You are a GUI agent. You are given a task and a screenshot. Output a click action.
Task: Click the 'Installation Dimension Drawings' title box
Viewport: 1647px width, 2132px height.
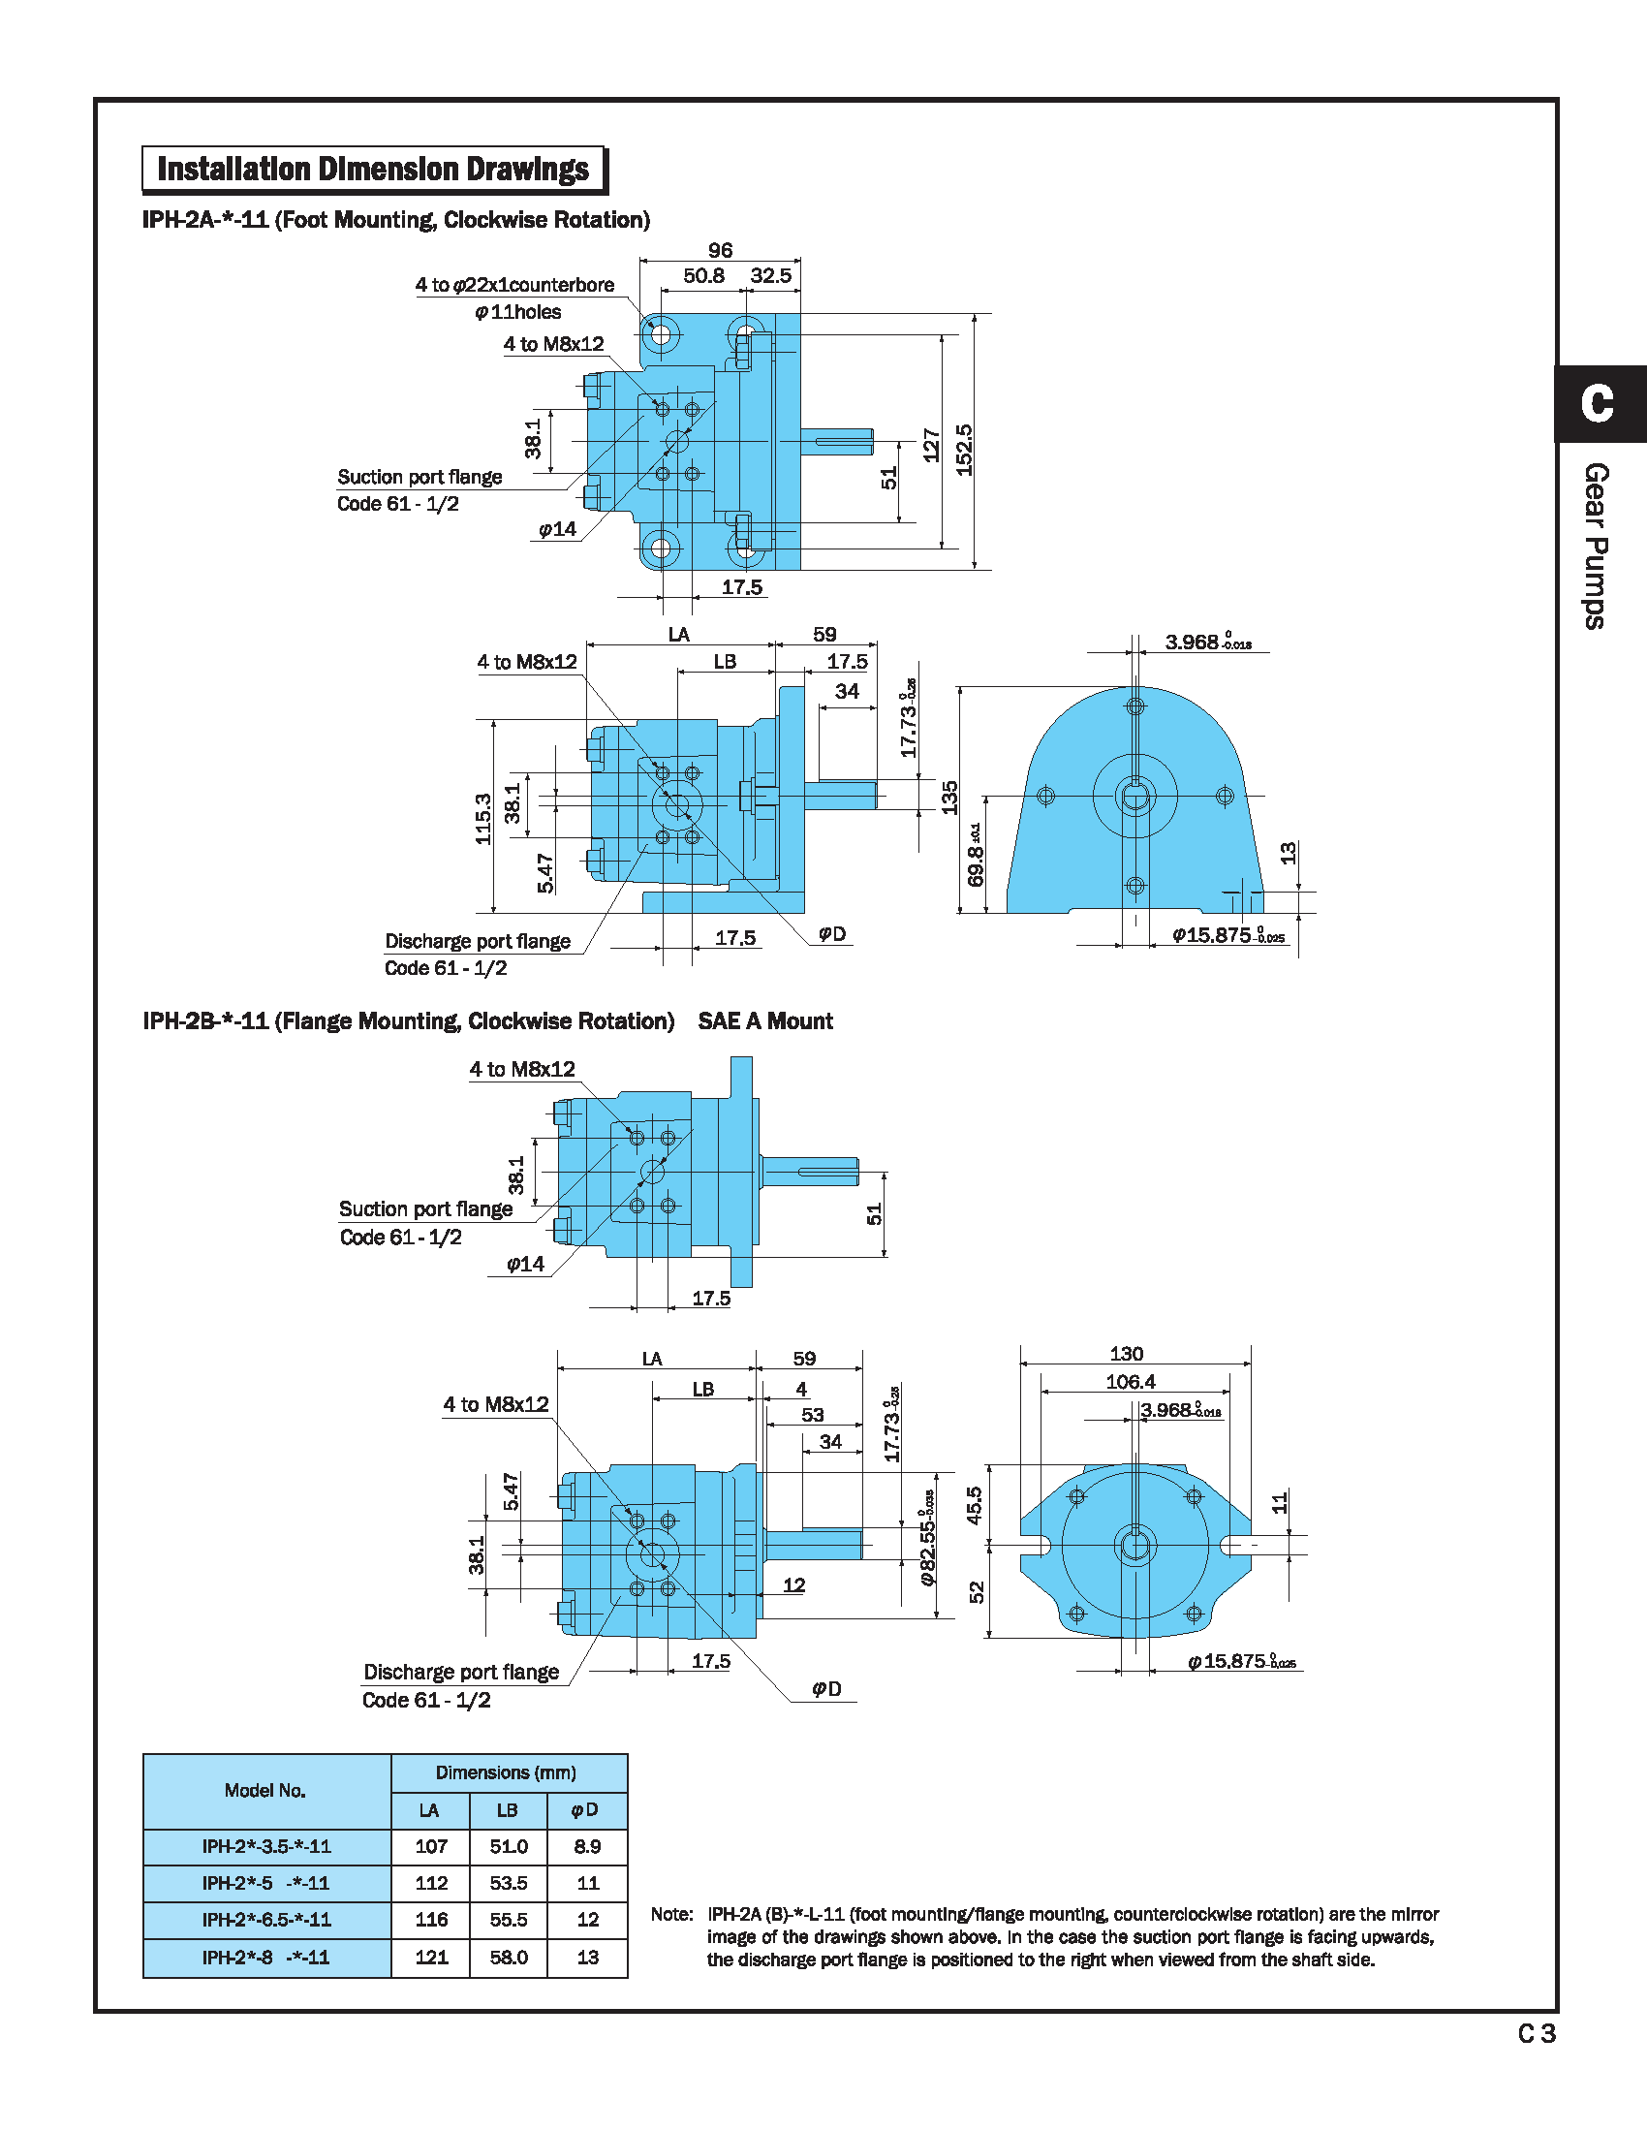tap(374, 169)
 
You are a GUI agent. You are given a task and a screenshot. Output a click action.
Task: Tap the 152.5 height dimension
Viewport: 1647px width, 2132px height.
tap(964, 450)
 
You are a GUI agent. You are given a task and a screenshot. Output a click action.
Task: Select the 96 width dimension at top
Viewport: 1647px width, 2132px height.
tap(720, 250)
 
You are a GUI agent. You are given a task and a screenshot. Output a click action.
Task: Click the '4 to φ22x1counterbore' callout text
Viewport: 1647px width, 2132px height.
tap(514, 285)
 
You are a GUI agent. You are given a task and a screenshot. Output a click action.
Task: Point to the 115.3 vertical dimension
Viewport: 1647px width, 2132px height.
tap(483, 818)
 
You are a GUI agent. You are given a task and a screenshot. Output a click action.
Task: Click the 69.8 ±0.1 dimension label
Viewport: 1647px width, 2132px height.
tap(976, 854)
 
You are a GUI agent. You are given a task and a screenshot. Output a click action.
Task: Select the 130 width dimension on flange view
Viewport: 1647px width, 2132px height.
tap(1126, 1353)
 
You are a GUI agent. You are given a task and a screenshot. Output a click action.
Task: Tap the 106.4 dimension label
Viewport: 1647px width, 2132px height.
tap(1130, 1381)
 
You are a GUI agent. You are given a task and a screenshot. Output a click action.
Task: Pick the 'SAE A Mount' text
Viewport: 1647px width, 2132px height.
tap(765, 1021)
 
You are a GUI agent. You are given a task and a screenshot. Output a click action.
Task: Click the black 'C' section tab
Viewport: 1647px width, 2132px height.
tap(1598, 403)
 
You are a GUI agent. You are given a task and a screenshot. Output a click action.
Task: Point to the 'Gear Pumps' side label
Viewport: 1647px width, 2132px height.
tap(1596, 546)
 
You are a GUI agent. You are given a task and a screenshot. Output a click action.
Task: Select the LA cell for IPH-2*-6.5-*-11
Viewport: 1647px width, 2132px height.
tap(430, 1919)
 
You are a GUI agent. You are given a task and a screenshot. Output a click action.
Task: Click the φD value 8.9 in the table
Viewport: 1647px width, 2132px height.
tap(587, 1846)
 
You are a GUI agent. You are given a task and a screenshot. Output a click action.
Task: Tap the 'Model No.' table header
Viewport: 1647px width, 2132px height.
tap(265, 1790)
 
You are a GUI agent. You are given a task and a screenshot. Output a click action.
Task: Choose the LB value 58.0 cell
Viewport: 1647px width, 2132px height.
tap(509, 1958)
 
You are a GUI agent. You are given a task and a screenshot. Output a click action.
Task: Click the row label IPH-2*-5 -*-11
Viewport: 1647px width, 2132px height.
tap(265, 1883)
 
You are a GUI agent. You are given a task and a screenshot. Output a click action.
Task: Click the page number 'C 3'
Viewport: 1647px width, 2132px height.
tap(1537, 2033)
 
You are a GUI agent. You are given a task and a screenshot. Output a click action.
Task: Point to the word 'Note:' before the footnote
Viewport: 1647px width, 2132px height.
tap(671, 1914)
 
